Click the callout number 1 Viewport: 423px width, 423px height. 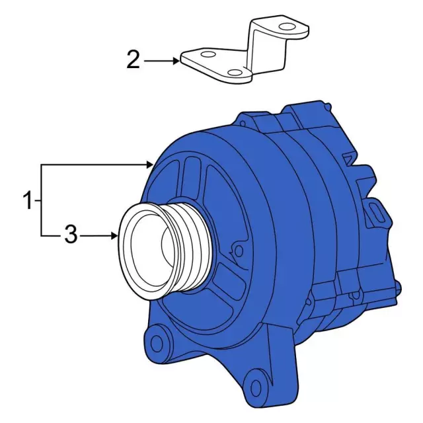coord(27,200)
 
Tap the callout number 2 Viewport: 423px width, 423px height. coord(134,60)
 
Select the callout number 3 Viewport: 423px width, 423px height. coord(71,235)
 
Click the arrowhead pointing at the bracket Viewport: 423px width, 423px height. coord(176,61)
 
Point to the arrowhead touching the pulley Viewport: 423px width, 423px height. coord(115,236)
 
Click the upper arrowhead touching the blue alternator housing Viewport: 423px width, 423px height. coord(150,165)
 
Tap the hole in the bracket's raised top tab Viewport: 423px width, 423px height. coord(288,26)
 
